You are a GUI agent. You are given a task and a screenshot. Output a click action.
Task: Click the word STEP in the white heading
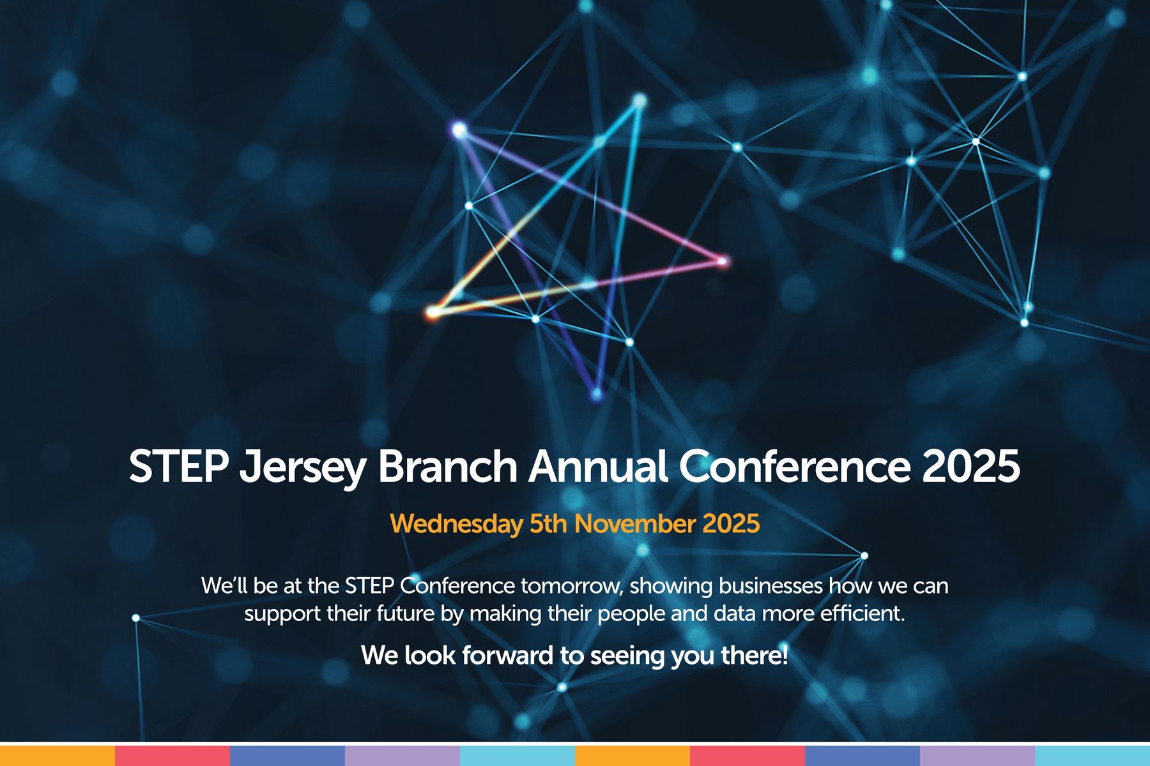179,466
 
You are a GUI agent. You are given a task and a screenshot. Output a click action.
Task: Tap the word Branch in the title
447,466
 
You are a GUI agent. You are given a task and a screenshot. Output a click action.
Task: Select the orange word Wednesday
456,524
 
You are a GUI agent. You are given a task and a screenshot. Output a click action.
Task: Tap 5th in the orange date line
548,523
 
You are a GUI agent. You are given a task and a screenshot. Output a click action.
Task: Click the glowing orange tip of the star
433,312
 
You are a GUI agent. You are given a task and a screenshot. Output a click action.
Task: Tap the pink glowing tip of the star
723,260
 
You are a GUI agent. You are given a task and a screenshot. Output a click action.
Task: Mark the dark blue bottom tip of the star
596,393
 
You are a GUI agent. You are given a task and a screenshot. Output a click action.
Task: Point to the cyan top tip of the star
639,100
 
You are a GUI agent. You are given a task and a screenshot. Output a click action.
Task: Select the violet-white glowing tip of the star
459,130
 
